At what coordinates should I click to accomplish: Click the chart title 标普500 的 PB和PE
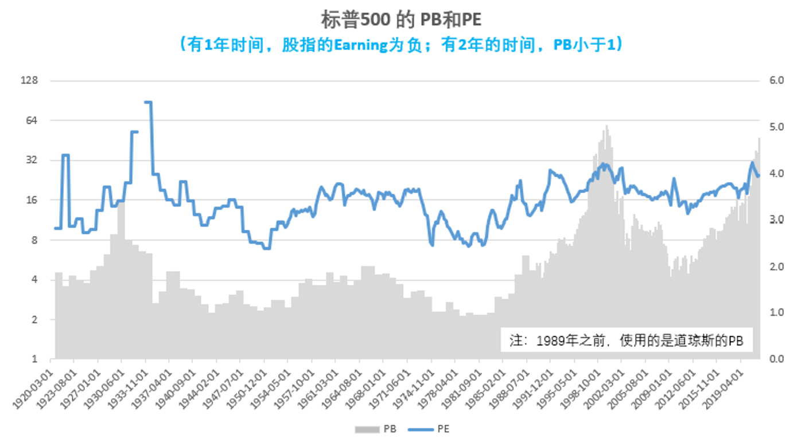tap(401, 19)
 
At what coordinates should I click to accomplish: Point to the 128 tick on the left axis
tap(29, 80)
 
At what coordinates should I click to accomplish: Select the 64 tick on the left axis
tap(31, 120)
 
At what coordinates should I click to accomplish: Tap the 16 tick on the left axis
tap(31, 200)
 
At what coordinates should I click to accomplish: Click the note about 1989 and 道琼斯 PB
tap(626, 340)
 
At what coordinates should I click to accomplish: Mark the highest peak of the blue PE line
tap(148, 102)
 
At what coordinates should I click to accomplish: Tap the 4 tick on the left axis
tap(33, 280)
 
